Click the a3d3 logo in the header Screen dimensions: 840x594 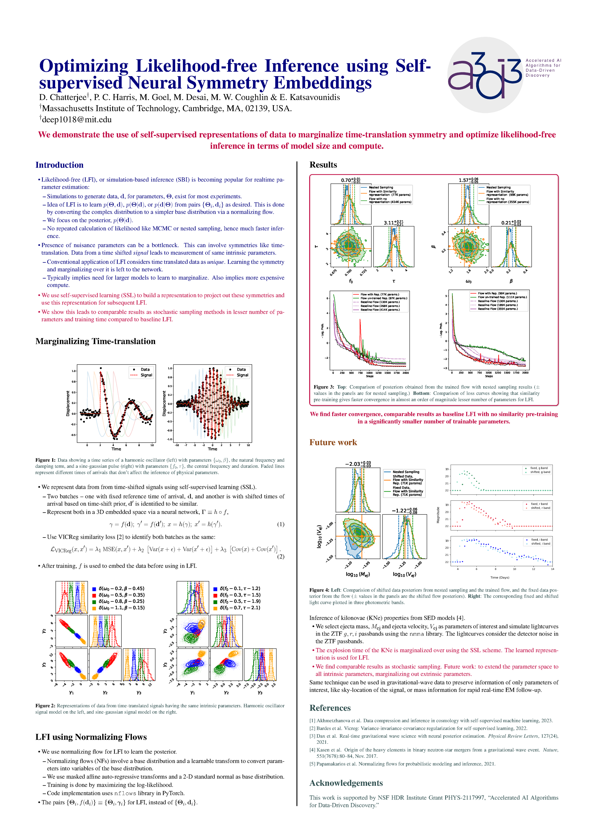(x=485, y=75)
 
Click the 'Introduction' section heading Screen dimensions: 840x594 (x=59, y=165)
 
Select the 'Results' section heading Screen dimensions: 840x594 (x=323, y=164)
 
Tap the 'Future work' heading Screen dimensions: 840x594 (x=333, y=442)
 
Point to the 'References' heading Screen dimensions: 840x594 (x=330, y=708)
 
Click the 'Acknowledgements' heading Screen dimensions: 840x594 (x=346, y=783)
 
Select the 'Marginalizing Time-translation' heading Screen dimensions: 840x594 (x=95, y=341)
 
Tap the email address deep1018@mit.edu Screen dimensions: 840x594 (x=76, y=120)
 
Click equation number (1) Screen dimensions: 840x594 (x=281, y=524)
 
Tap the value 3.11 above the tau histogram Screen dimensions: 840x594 (x=389, y=223)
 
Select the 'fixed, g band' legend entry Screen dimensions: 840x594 (x=539, y=468)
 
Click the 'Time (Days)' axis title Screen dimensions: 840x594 (x=499, y=577)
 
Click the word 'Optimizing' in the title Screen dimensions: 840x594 (x=83, y=66)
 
